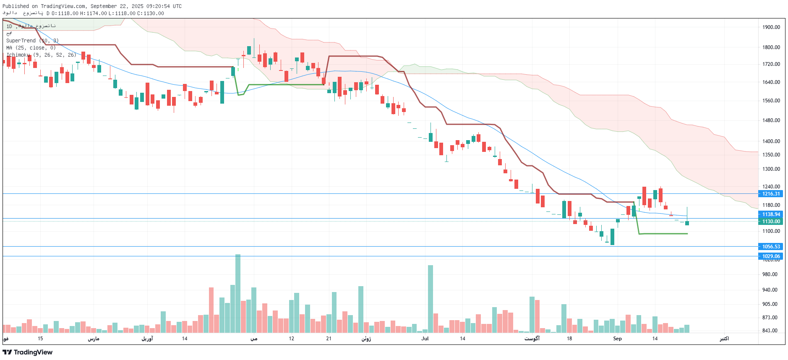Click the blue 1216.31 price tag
(x=771, y=194)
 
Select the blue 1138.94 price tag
(x=771, y=214)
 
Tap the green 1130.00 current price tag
(x=771, y=222)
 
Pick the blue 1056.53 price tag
(x=771, y=247)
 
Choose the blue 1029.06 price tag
(x=771, y=256)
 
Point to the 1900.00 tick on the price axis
(x=771, y=27)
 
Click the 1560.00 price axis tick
(x=771, y=101)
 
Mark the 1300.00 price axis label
(x=771, y=169)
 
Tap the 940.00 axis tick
(x=770, y=290)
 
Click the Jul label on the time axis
(x=425, y=339)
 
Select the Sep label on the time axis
(x=617, y=339)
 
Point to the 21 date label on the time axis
(x=329, y=339)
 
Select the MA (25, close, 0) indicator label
(x=31, y=48)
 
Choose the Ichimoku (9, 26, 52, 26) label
(x=41, y=55)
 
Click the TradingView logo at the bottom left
(x=28, y=352)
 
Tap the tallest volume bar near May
(x=238, y=294)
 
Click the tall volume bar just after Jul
(x=431, y=299)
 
